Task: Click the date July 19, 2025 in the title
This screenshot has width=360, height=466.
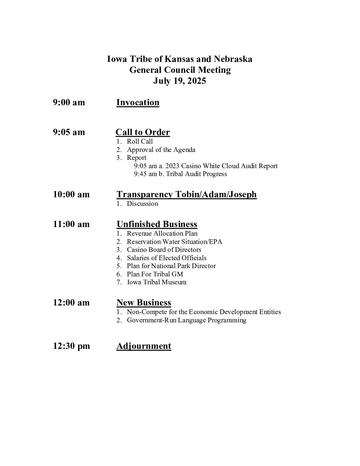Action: (180, 81)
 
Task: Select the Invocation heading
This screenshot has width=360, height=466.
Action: (138, 102)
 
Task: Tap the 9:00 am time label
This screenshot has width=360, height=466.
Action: (69, 102)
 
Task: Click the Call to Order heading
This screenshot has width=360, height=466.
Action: (143, 132)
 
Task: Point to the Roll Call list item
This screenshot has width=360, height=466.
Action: (140, 141)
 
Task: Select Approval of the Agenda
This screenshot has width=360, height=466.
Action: (161, 150)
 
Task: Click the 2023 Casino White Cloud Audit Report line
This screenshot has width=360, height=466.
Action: (206, 166)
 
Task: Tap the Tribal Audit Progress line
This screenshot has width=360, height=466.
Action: (181, 174)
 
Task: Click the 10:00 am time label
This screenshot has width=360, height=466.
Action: (71, 194)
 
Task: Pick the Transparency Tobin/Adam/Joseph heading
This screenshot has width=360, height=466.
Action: (187, 194)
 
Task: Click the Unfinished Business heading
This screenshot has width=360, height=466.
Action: (157, 224)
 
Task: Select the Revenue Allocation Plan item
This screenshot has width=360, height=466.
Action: (162, 233)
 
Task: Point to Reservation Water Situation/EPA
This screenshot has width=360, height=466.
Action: (174, 242)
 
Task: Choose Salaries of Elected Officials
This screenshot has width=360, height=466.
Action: (166, 258)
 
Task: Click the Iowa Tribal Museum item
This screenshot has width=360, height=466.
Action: (157, 282)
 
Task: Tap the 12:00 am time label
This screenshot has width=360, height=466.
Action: (71, 303)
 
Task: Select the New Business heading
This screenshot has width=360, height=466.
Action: (144, 303)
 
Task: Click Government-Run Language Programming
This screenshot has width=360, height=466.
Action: (186, 320)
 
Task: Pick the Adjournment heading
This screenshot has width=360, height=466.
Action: (144, 346)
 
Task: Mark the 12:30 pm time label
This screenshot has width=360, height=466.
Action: (71, 346)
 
